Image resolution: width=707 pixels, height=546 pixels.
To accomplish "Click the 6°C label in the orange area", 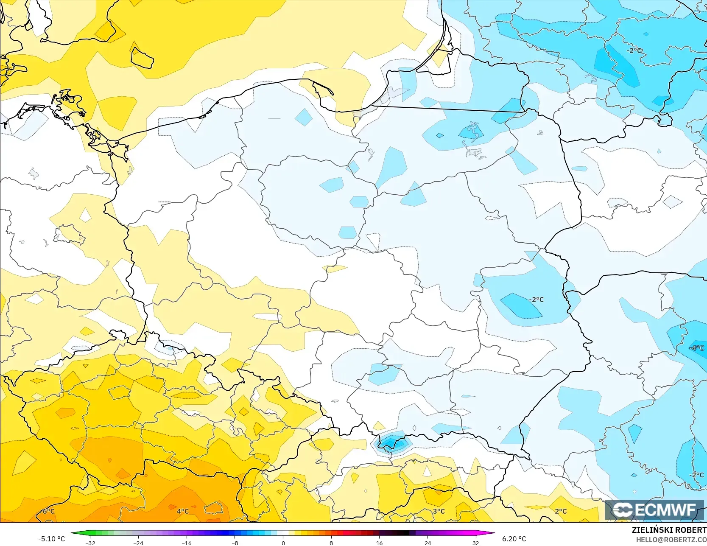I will point(48,511).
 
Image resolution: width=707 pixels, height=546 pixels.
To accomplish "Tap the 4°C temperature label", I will point(183,511).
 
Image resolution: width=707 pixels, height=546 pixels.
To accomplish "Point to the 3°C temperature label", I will point(439,511).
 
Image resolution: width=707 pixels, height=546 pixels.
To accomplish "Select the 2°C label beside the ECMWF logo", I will point(561,511).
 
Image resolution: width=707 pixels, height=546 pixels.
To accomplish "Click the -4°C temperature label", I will point(696,348).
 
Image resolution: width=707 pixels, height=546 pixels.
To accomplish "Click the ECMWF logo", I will point(654,510).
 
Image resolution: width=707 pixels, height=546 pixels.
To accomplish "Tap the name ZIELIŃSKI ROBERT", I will point(669,530).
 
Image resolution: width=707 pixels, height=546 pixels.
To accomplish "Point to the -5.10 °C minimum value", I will point(51,539).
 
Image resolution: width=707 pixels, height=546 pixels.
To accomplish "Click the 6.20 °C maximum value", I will point(514,539).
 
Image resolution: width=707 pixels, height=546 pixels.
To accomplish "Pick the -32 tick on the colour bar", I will point(90,543).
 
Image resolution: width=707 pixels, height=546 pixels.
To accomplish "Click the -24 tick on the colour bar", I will point(138,543).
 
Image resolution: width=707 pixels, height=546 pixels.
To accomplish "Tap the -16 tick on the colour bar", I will point(187,543).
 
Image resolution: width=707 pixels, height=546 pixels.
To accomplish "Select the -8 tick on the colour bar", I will point(235,543).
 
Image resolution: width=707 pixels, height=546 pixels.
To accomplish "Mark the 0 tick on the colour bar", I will point(283,543).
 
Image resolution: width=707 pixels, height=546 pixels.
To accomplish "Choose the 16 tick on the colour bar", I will point(379,543).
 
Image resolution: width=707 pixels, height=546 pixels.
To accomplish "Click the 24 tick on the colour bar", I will point(428,543).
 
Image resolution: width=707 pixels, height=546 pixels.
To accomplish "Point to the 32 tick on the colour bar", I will point(475,543).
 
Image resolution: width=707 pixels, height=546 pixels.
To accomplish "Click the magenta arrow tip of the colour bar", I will point(493,533).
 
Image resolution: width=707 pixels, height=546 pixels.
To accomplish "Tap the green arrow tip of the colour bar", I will point(73,533).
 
